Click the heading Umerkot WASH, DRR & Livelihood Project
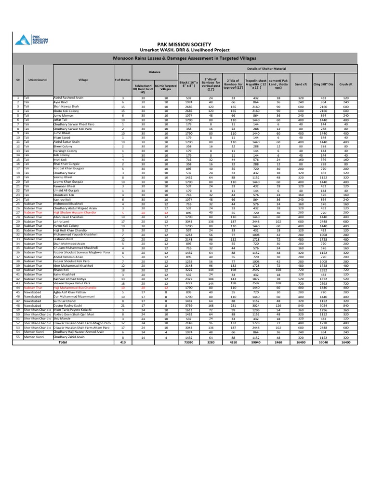(x=185, y=49)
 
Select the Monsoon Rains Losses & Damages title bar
(x=185, y=58)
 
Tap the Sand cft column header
(x=301, y=84)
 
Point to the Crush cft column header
(x=346, y=84)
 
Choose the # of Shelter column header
(x=123, y=80)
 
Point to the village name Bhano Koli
(x=62, y=270)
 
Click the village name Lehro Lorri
(x=62, y=221)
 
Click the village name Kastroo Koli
(x=63, y=199)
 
